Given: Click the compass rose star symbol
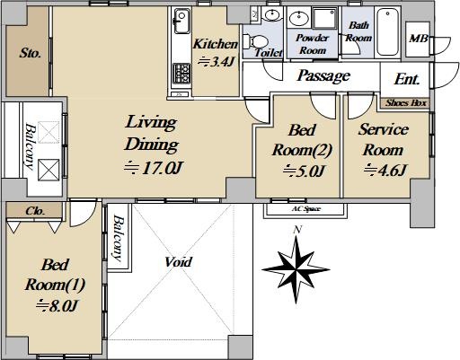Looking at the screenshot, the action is pos(296,269).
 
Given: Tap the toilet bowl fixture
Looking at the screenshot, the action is pos(255,41).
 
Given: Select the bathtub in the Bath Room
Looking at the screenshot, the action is pos(387,31).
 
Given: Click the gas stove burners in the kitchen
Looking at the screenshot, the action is pos(181,74).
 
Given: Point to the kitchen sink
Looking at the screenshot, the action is pos(181,21).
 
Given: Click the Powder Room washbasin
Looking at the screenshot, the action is pos(299,18).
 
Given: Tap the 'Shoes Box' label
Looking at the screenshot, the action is pos(406,103).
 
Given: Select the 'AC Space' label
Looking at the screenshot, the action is pos(306,209).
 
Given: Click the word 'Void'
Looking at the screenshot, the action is pos(179,262).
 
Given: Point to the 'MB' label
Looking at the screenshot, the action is pos(419,39).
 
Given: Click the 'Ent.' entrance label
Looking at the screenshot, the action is pos(407,79).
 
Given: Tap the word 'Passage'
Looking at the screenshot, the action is pos(323,75).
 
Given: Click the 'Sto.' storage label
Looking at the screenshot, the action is pos(30,53).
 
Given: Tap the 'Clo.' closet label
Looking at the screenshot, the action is pos(35,211).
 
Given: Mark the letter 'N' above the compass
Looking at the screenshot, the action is pos(297,230).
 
